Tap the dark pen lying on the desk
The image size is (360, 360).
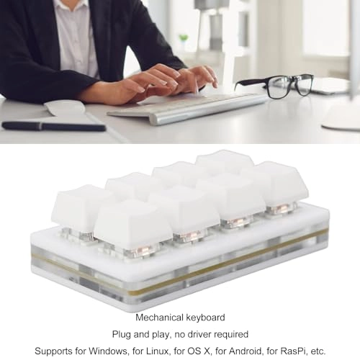coord(53,126)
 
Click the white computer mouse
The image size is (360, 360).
coord(65,108)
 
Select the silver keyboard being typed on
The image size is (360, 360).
coord(187,109)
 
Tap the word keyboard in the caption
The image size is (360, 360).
coord(205,318)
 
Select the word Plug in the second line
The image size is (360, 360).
coord(122,334)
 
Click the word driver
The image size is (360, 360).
coord(198,334)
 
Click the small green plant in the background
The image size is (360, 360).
coord(184,37)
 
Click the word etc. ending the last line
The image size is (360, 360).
coord(318,351)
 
